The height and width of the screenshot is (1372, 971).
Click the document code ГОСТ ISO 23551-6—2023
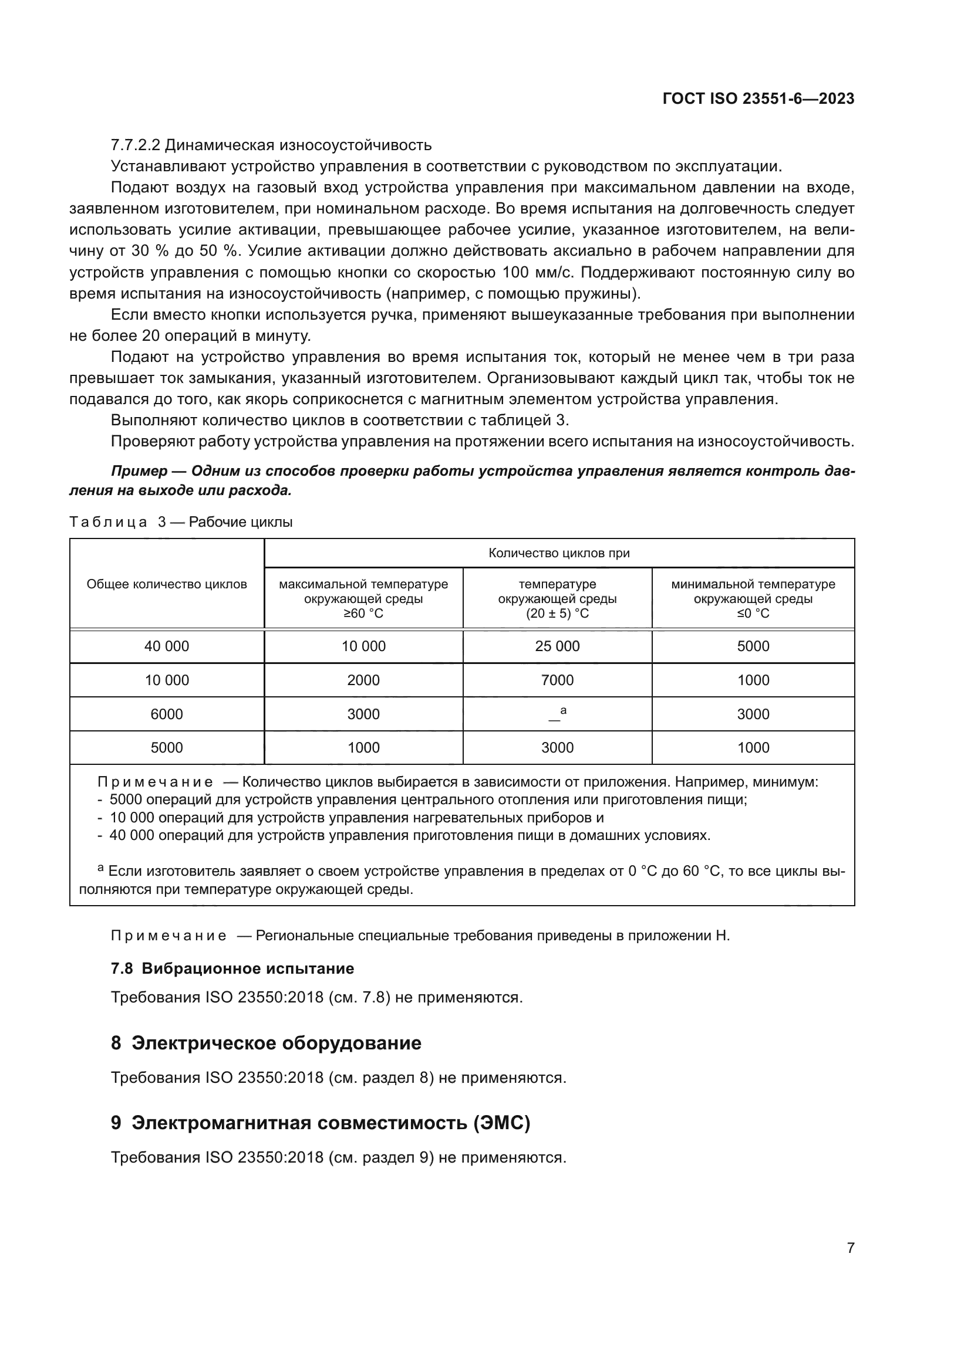[x=758, y=99]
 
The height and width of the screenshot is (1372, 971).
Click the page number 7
[x=850, y=1248]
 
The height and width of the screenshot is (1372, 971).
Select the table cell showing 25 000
[x=557, y=646]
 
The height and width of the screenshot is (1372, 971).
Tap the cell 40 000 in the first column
[x=166, y=646]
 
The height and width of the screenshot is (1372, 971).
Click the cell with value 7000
[x=557, y=680]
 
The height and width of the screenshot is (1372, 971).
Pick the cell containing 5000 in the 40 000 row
[x=753, y=646]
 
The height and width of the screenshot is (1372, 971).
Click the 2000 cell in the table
[x=363, y=680]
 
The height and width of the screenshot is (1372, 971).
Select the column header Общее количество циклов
[x=166, y=584]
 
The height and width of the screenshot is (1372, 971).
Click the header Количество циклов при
[x=558, y=553]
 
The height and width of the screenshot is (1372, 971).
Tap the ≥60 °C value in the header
[x=363, y=614]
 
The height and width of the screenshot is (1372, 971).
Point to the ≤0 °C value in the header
[x=753, y=614]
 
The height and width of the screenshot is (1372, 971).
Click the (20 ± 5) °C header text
[x=557, y=614]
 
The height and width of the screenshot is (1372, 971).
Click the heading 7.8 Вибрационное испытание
[x=232, y=968]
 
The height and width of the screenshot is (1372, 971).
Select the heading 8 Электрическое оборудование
[x=266, y=1043]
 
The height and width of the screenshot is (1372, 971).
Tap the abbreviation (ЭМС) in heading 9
[x=501, y=1123]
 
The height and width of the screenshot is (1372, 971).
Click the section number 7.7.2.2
[x=135, y=145]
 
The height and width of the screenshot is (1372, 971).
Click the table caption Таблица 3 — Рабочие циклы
[x=181, y=521]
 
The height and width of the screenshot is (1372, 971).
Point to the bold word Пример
[x=139, y=471]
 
